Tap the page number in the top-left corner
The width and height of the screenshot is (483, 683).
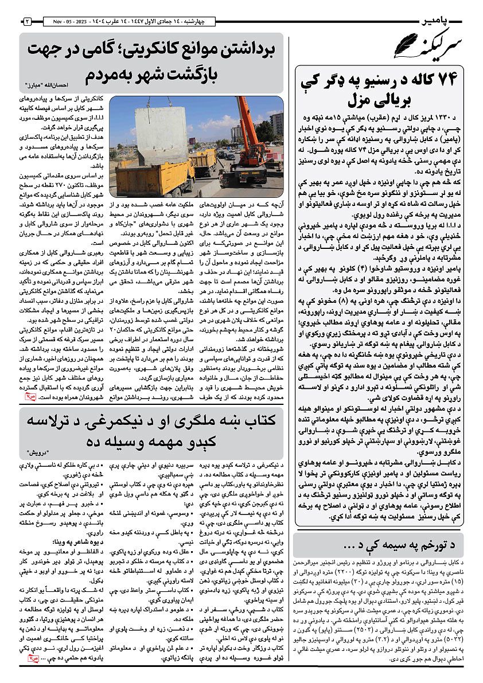tap(27, 22)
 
